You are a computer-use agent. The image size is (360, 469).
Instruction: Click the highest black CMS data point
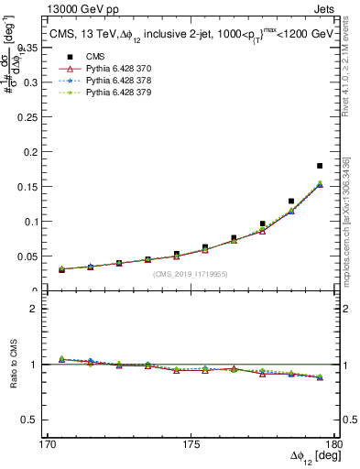[x=320, y=166]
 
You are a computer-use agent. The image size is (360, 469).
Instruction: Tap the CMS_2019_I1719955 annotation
[x=190, y=273]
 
